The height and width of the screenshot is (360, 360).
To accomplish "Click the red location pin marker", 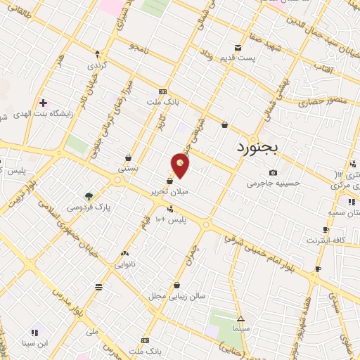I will (x=180, y=165).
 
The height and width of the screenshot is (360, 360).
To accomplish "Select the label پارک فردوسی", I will (x=89, y=207).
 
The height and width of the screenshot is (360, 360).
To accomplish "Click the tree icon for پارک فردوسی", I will (x=89, y=196).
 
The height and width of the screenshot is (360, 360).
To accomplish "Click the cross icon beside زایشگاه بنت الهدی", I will (x=44, y=103).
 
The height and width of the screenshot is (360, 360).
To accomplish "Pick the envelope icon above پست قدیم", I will (x=238, y=48).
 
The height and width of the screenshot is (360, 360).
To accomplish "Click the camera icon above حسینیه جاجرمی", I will (x=274, y=173).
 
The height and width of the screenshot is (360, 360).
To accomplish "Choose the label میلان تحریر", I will (x=169, y=191).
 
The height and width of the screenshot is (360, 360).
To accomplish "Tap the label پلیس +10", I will (x=172, y=219).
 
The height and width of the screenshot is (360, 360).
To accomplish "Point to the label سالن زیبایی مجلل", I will (x=176, y=296).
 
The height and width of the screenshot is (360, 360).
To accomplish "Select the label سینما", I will (x=241, y=328).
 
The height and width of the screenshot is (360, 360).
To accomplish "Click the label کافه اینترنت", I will (x=326, y=240).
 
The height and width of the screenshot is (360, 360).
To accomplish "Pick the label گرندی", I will (x=96, y=65).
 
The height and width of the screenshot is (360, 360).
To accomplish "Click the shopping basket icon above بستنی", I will (x=128, y=157).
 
